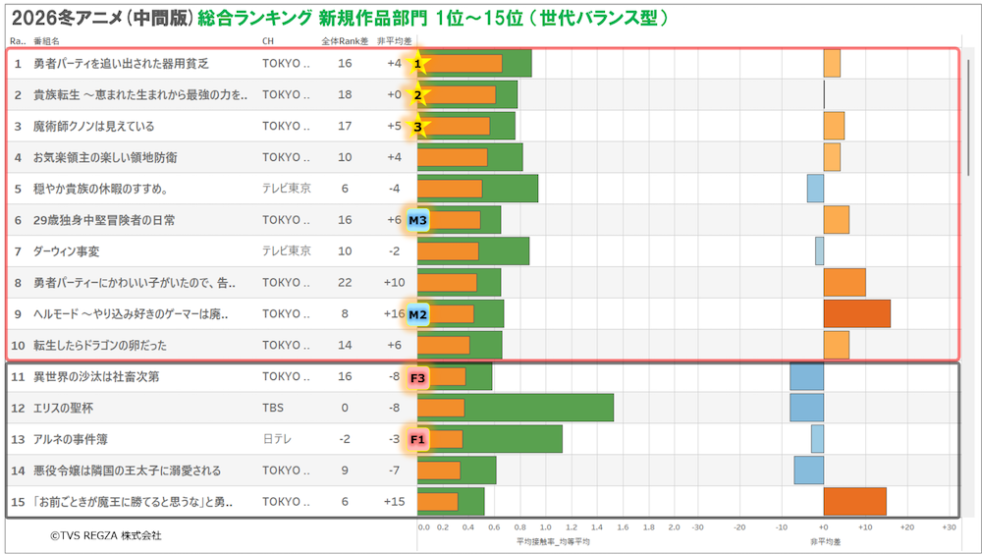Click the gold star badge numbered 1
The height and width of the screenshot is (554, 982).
(418, 64)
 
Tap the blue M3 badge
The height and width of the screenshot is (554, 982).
(418, 221)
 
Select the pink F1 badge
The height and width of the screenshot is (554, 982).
(418, 439)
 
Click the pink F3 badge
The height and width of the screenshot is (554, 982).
(418, 377)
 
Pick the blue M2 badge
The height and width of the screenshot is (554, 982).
(418, 315)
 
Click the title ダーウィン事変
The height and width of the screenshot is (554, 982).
(67, 252)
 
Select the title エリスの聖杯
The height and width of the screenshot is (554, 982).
(64, 408)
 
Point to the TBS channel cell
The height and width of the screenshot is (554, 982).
(274, 408)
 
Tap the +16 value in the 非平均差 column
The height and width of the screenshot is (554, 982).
(394, 315)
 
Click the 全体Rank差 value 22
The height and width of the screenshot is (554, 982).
(344, 284)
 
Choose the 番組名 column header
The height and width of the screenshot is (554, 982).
(47, 41)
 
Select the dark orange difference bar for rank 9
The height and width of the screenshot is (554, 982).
(856, 314)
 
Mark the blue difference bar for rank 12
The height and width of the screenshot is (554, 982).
(806, 408)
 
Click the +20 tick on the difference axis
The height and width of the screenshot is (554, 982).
(906, 527)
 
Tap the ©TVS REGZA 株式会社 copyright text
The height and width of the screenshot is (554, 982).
(106, 536)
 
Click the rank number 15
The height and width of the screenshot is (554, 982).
(18, 502)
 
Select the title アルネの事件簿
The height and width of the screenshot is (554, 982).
(72, 439)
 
